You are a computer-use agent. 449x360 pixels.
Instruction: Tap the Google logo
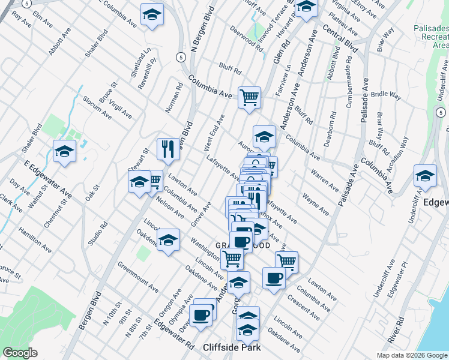(x=20, y=353)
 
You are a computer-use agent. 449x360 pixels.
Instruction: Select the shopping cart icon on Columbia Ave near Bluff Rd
(x=249, y=97)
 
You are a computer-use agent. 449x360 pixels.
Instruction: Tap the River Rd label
(x=395, y=328)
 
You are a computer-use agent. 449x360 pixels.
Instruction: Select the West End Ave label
(x=213, y=133)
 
